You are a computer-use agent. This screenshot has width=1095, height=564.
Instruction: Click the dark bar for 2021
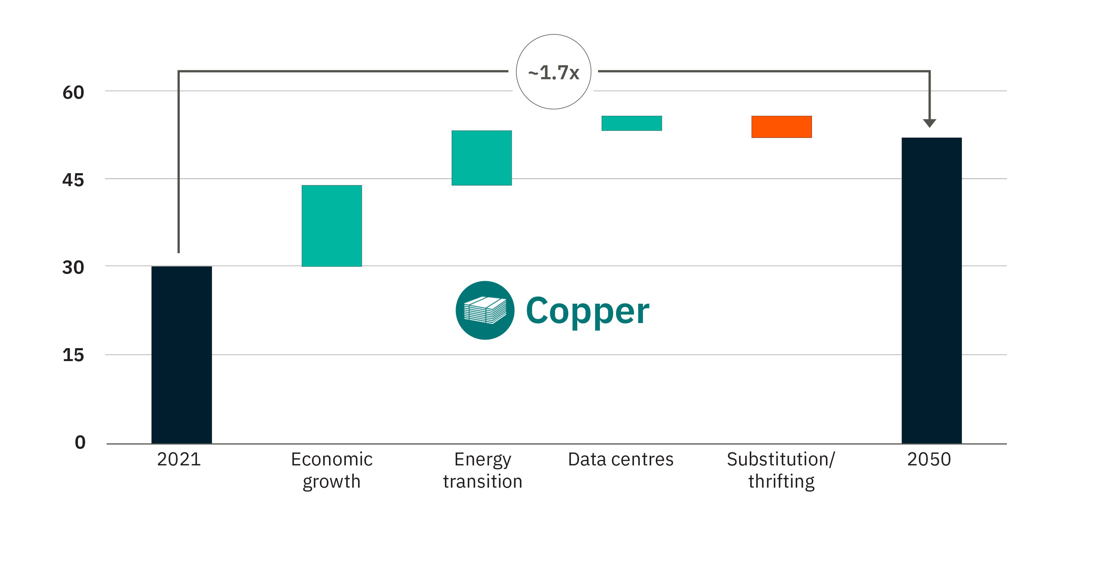(x=182, y=355)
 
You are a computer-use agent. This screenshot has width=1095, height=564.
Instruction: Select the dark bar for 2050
(x=931, y=290)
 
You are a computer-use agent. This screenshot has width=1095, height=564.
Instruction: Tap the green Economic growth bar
(x=332, y=226)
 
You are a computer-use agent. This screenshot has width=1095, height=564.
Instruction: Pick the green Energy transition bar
(x=481, y=158)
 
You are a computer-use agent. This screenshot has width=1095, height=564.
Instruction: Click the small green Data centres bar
(x=632, y=123)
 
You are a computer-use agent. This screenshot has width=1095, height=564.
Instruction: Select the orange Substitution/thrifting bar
(x=781, y=127)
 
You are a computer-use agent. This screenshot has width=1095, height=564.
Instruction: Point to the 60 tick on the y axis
(x=73, y=92)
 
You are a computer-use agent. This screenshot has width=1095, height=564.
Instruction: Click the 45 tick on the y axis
(x=73, y=180)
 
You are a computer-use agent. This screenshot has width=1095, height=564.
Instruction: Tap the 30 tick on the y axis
(x=73, y=267)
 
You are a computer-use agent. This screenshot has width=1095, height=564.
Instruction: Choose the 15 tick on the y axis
(x=73, y=355)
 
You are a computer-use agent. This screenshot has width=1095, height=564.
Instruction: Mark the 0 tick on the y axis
(x=80, y=442)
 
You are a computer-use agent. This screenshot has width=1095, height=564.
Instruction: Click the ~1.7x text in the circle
(x=554, y=73)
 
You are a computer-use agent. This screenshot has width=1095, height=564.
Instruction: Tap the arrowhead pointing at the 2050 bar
(x=930, y=123)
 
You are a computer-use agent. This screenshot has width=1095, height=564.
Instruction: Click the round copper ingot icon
(x=485, y=310)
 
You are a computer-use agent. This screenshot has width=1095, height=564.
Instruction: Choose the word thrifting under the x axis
(x=781, y=482)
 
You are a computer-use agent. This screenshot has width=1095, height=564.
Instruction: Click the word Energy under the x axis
(x=483, y=460)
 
